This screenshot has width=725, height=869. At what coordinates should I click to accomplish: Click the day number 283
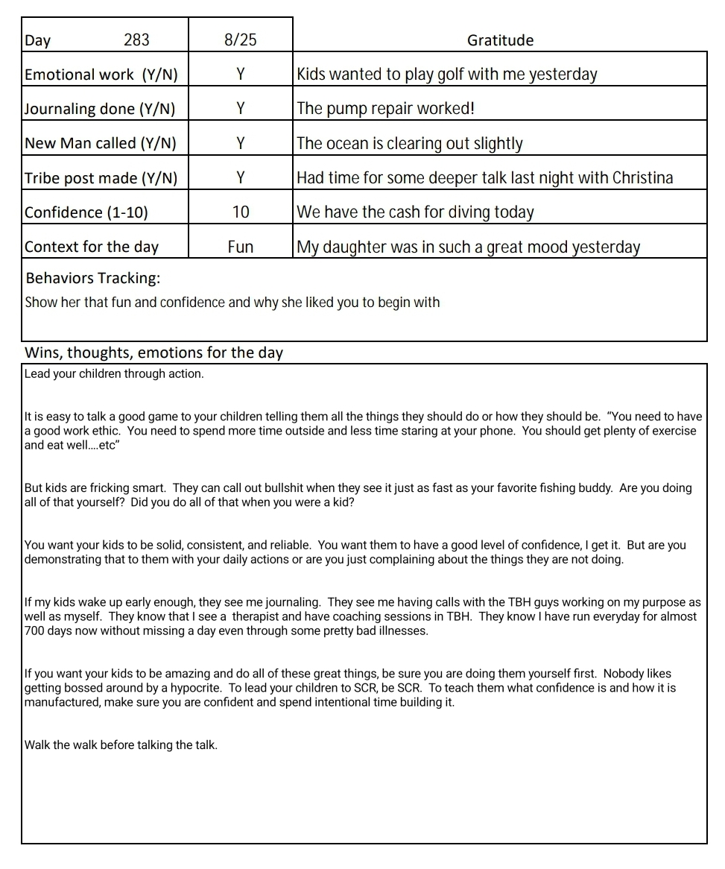coord(136,40)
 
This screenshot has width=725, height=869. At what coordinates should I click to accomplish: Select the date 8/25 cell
coord(240,40)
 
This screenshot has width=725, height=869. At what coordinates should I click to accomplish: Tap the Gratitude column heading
coord(500,40)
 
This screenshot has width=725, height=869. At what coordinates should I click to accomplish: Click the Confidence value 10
coord(240,212)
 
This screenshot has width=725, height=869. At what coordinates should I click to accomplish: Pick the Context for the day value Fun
coord(240,247)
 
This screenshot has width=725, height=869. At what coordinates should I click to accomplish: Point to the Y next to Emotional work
coord(240,75)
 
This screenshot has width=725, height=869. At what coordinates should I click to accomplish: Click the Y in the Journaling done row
coord(240,109)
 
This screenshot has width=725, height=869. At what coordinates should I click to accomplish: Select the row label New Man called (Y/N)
coord(101,143)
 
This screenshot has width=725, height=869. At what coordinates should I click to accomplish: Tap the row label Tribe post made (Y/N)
coord(101,178)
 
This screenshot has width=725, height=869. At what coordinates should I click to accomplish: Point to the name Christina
coord(642,178)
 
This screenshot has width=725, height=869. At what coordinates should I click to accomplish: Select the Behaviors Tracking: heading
coord(93,279)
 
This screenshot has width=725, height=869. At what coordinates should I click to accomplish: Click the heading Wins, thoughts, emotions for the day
coord(153,353)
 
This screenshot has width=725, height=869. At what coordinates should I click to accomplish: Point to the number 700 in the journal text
coord(35,631)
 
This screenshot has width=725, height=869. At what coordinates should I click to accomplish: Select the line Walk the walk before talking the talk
coord(121,745)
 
